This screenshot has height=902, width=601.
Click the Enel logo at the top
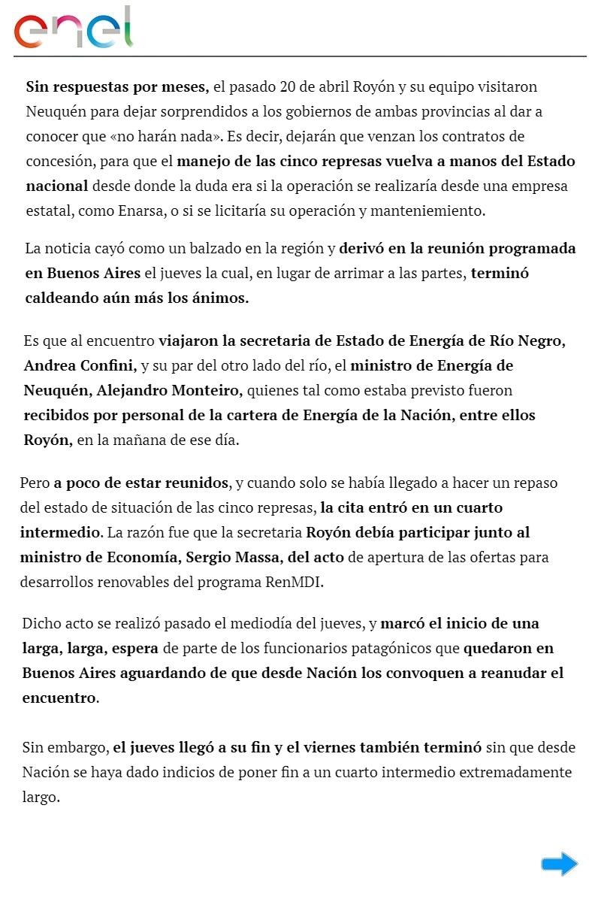click(73, 29)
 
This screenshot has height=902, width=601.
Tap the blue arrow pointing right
click(559, 864)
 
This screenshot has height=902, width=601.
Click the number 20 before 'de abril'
click(287, 87)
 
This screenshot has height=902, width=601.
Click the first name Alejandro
click(120, 391)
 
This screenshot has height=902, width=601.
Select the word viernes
click(353, 748)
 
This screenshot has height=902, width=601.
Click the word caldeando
click(62, 298)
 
